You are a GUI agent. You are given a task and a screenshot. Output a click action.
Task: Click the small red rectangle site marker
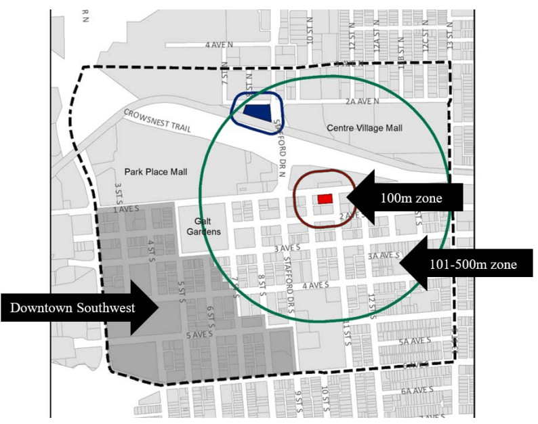click(x=325, y=198)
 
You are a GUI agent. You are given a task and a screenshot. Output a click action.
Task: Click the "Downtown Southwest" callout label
click(x=72, y=308)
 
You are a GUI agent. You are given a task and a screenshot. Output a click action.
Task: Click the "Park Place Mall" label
click(x=155, y=172)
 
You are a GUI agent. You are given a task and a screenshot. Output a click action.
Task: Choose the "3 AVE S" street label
click(x=287, y=249)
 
